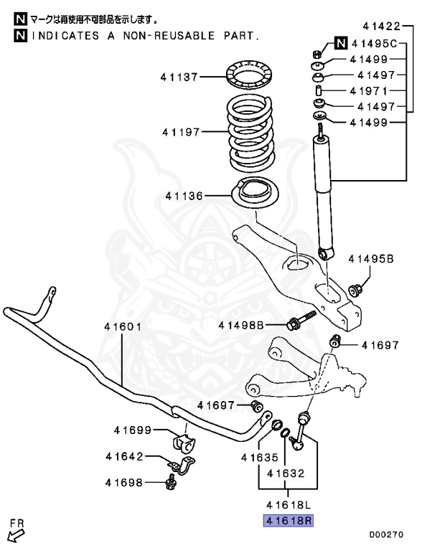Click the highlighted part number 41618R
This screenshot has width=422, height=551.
(289, 521)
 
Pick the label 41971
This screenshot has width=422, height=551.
(368, 91)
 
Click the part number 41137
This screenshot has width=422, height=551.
(180, 75)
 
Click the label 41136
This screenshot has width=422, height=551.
(184, 195)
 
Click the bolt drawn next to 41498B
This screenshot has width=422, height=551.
(301, 321)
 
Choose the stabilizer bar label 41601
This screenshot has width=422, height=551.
(123, 326)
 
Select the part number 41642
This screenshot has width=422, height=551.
(124, 456)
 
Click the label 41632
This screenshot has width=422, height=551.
(286, 473)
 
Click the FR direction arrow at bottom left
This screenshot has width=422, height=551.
(17, 532)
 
